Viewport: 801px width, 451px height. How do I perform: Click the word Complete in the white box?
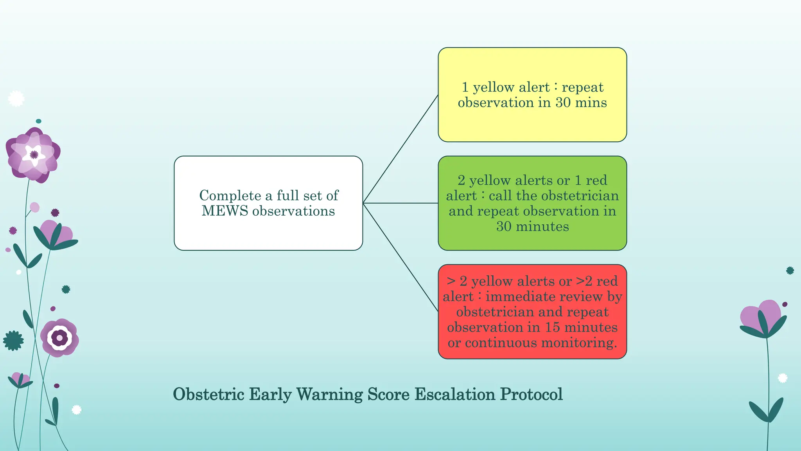(x=230, y=195)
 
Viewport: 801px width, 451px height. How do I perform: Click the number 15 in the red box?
(x=553, y=327)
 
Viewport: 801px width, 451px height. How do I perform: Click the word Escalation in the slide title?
(x=455, y=394)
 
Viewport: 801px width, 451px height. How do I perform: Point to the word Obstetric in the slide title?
(x=208, y=394)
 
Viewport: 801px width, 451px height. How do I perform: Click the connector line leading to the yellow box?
(x=400, y=149)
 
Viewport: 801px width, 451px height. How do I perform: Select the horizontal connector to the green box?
(x=400, y=203)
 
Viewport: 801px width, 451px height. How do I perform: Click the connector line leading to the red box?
(x=400, y=257)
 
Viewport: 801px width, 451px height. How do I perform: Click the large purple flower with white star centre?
(x=34, y=155)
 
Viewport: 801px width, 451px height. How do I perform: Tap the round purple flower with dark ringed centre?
(x=59, y=337)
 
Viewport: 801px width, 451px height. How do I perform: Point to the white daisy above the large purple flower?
(x=16, y=99)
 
